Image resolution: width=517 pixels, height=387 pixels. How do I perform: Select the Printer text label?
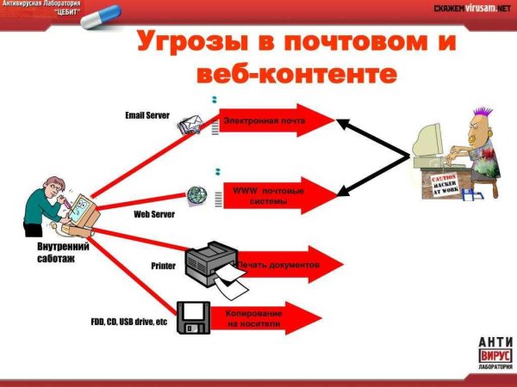[163, 266]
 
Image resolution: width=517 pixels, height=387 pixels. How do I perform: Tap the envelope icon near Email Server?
[190, 127]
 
